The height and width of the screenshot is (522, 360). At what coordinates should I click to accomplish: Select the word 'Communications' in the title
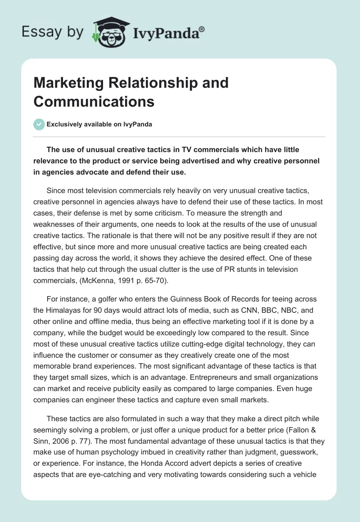pyautogui.click(x=94, y=102)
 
